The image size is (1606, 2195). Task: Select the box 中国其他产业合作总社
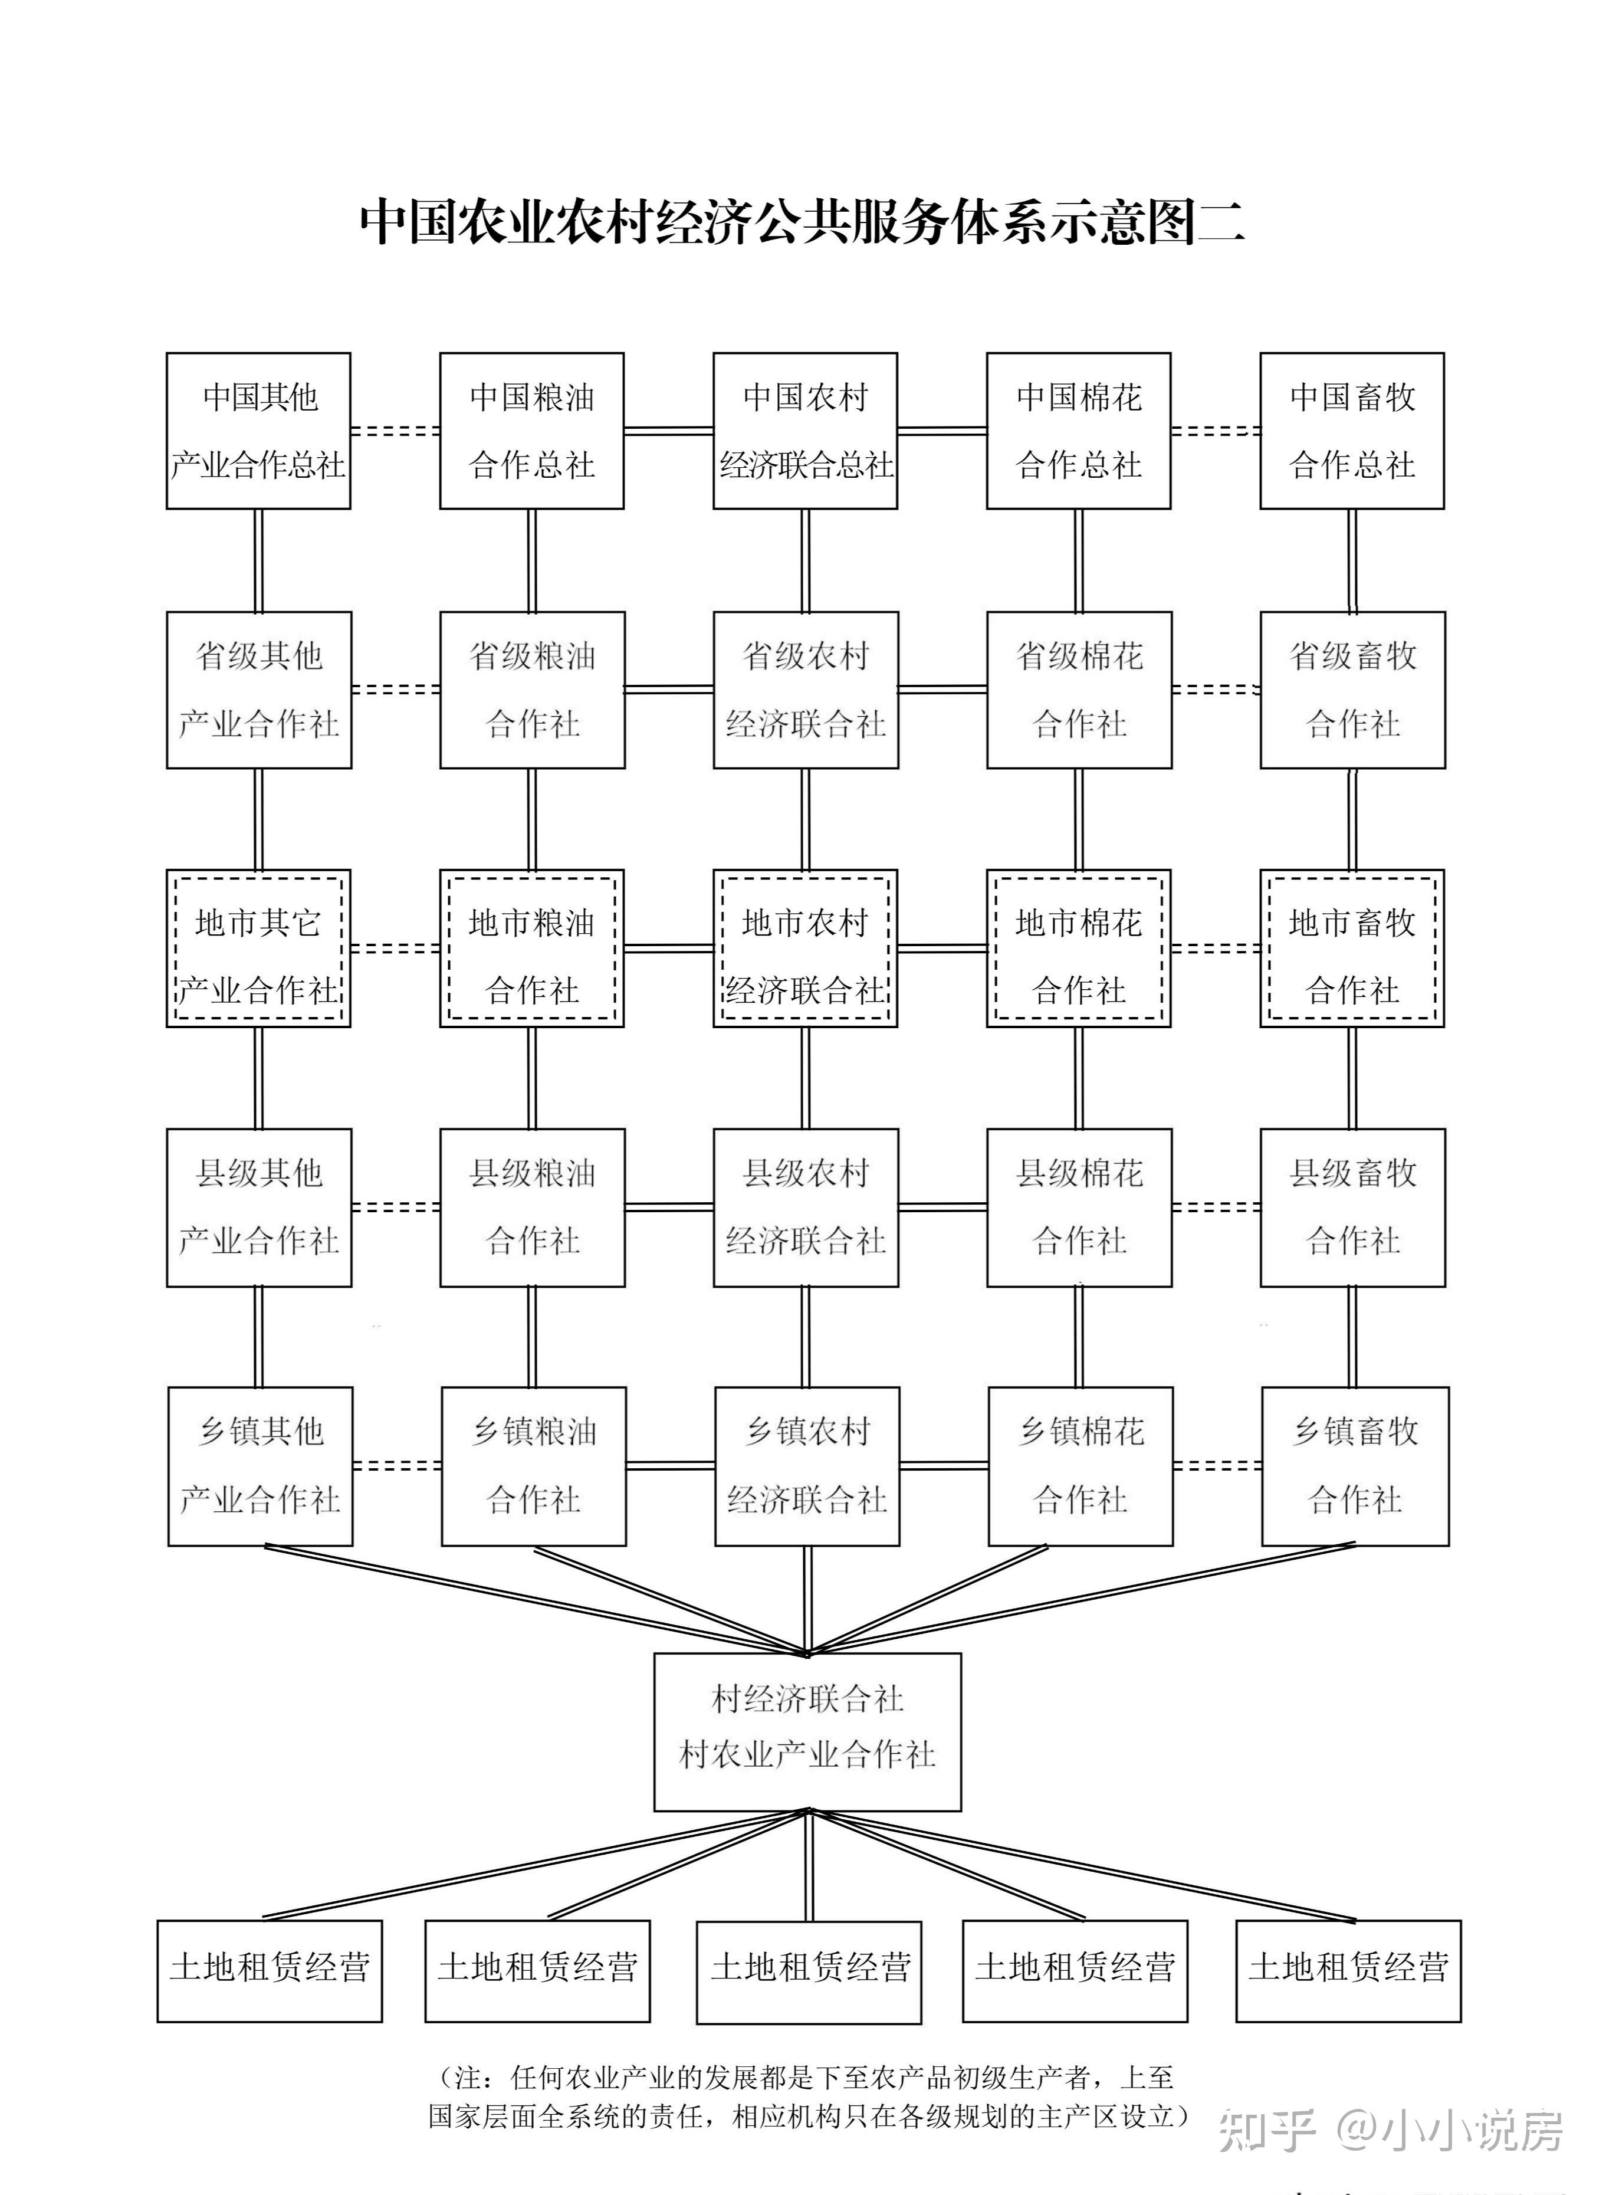(x=258, y=431)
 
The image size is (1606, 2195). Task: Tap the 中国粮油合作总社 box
(x=532, y=431)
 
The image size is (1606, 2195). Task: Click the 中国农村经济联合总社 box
(x=805, y=431)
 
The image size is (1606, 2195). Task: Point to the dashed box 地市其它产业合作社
(x=258, y=948)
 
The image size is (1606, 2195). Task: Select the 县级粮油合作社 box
(x=532, y=1208)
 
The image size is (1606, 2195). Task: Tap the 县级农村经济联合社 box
(x=805, y=1208)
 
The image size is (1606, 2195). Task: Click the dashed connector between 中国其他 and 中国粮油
(x=395, y=431)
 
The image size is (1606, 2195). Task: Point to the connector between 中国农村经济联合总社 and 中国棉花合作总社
(x=941, y=431)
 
